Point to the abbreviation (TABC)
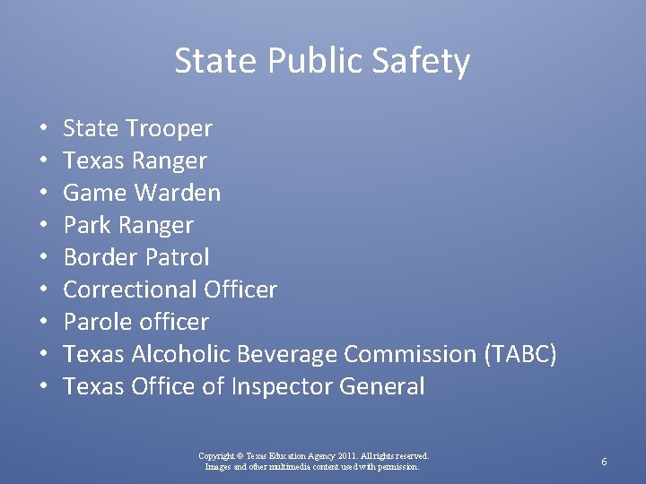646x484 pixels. (520, 355)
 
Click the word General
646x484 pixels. (382, 387)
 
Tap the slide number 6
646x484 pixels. (605, 462)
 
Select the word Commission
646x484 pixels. (410, 355)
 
